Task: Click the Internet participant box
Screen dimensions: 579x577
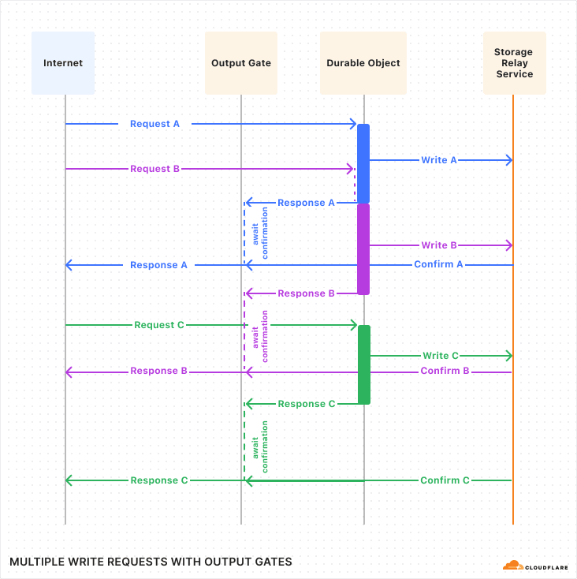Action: point(63,63)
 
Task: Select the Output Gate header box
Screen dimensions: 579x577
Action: point(241,63)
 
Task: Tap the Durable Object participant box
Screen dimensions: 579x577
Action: point(363,63)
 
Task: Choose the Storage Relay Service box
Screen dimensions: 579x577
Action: point(514,63)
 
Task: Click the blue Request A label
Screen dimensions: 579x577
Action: point(154,124)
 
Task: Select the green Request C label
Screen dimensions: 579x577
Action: point(159,325)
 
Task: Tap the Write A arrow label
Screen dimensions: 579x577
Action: point(439,160)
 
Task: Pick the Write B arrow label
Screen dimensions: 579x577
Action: point(439,245)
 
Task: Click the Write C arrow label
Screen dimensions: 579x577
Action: point(441,356)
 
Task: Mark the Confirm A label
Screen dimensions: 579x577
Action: point(438,264)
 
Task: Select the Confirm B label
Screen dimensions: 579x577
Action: point(445,371)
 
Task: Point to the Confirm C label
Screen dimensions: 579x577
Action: point(445,480)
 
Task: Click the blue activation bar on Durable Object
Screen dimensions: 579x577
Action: point(363,163)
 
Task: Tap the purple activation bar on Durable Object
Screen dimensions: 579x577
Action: point(363,248)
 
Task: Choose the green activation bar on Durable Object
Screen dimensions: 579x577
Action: point(364,364)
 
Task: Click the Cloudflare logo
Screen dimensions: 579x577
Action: point(535,565)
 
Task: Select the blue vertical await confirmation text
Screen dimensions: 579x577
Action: point(259,233)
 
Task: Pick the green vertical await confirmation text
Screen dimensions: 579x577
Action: point(259,446)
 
